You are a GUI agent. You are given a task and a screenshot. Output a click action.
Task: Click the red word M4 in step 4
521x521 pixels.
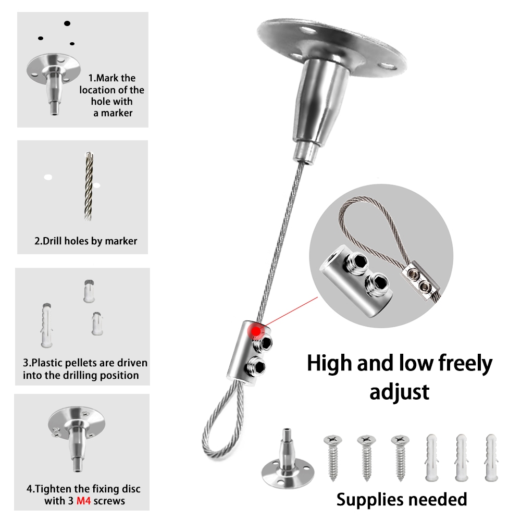(83, 500)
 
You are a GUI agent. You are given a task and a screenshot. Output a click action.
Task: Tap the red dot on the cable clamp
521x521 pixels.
(256, 331)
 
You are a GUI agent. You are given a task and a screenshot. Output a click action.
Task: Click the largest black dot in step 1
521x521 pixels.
(67, 23)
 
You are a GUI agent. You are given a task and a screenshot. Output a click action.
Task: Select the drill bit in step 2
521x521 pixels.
(89, 186)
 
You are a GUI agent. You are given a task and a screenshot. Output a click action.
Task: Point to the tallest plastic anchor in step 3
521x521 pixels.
(46, 325)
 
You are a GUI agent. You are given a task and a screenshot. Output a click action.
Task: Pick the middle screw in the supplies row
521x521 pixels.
(366, 458)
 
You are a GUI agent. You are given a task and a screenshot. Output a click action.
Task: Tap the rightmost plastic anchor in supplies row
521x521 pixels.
(491, 458)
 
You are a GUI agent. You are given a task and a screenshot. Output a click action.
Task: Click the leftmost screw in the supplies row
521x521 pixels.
(333, 458)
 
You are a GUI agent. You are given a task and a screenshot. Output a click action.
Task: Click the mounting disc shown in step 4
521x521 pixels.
(77, 420)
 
